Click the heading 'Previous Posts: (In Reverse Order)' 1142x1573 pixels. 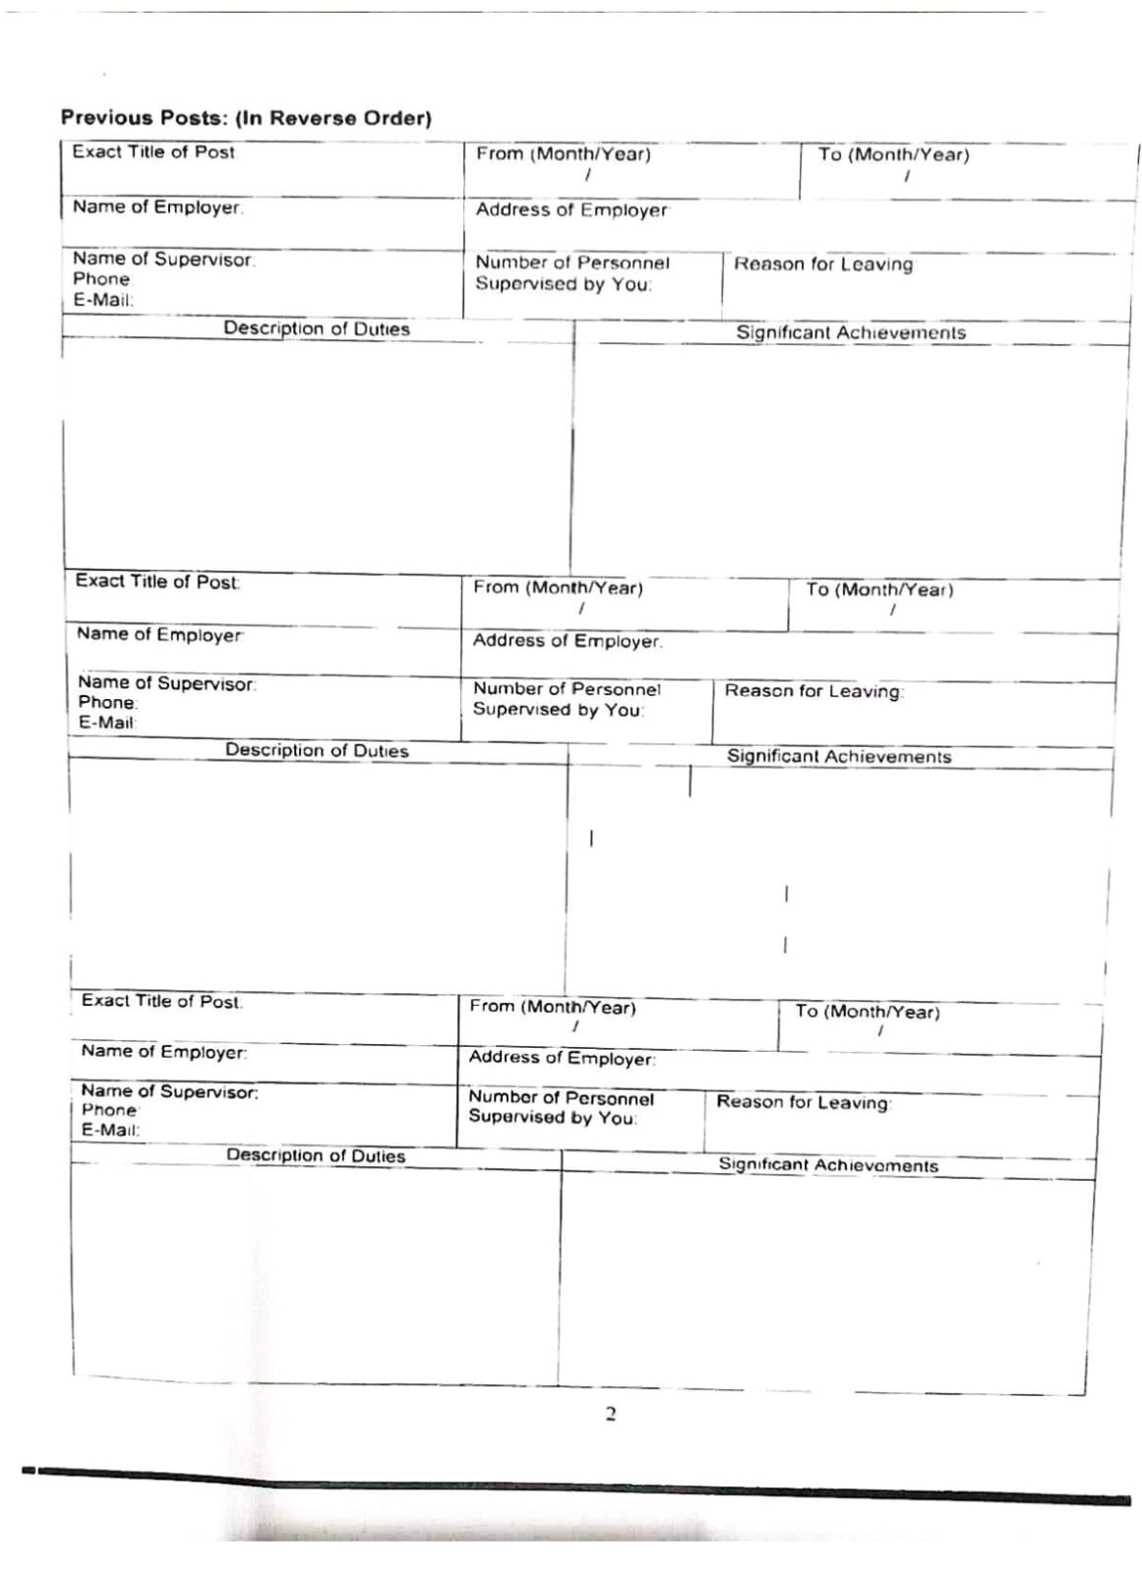pyautogui.click(x=246, y=118)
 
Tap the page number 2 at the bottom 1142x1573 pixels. pyautogui.click(x=610, y=1415)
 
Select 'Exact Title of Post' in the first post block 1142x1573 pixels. pyautogui.click(x=153, y=152)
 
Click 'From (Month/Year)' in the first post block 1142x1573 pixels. pyautogui.click(x=564, y=154)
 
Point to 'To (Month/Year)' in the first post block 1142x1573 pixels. pyautogui.click(x=893, y=155)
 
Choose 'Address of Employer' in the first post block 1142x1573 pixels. pyautogui.click(x=571, y=210)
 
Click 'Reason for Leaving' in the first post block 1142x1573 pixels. pyautogui.click(x=823, y=264)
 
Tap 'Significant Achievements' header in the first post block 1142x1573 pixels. pyautogui.click(x=851, y=333)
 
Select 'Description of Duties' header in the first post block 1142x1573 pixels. pyautogui.click(x=316, y=329)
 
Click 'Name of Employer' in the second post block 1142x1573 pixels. pyautogui.click(x=160, y=635)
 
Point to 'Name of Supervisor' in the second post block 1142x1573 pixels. pyautogui.click(x=166, y=683)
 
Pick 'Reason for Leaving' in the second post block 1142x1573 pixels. pyautogui.click(x=813, y=691)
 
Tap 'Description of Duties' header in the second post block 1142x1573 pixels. pyautogui.click(x=317, y=751)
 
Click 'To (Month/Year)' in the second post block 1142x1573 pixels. pyautogui.click(x=879, y=590)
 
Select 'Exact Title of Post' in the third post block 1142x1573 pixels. pyautogui.click(x=161, y=1001)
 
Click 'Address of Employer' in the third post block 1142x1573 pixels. pyautogui.click(x=562, y=1058)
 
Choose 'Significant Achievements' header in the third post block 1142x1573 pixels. pyautogui.click(x=828, y=1165)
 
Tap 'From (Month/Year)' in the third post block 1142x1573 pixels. pyautogui.click(x=553, y=1008)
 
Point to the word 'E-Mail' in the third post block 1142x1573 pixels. pyautogui.click(x=110, y=1131)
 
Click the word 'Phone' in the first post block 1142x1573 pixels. pyautogui.click(x=101, y=279)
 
